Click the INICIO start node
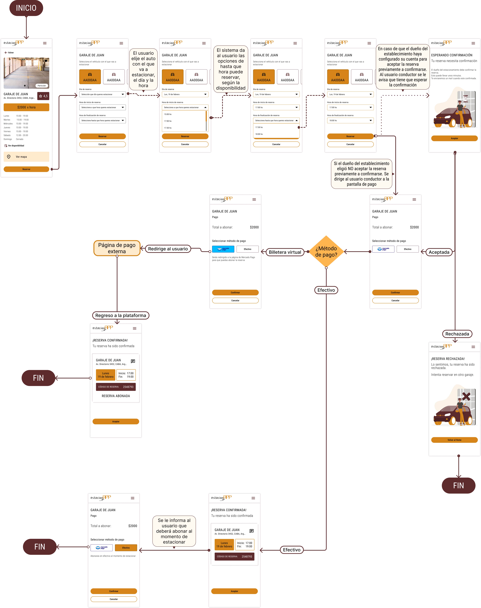26,8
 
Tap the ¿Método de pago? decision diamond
326,251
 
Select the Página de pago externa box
117,248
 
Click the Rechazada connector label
457,334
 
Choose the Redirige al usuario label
168,249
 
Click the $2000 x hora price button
26,107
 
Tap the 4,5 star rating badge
43,96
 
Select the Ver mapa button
26,157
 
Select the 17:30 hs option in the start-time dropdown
168,128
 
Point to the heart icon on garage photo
46,61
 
